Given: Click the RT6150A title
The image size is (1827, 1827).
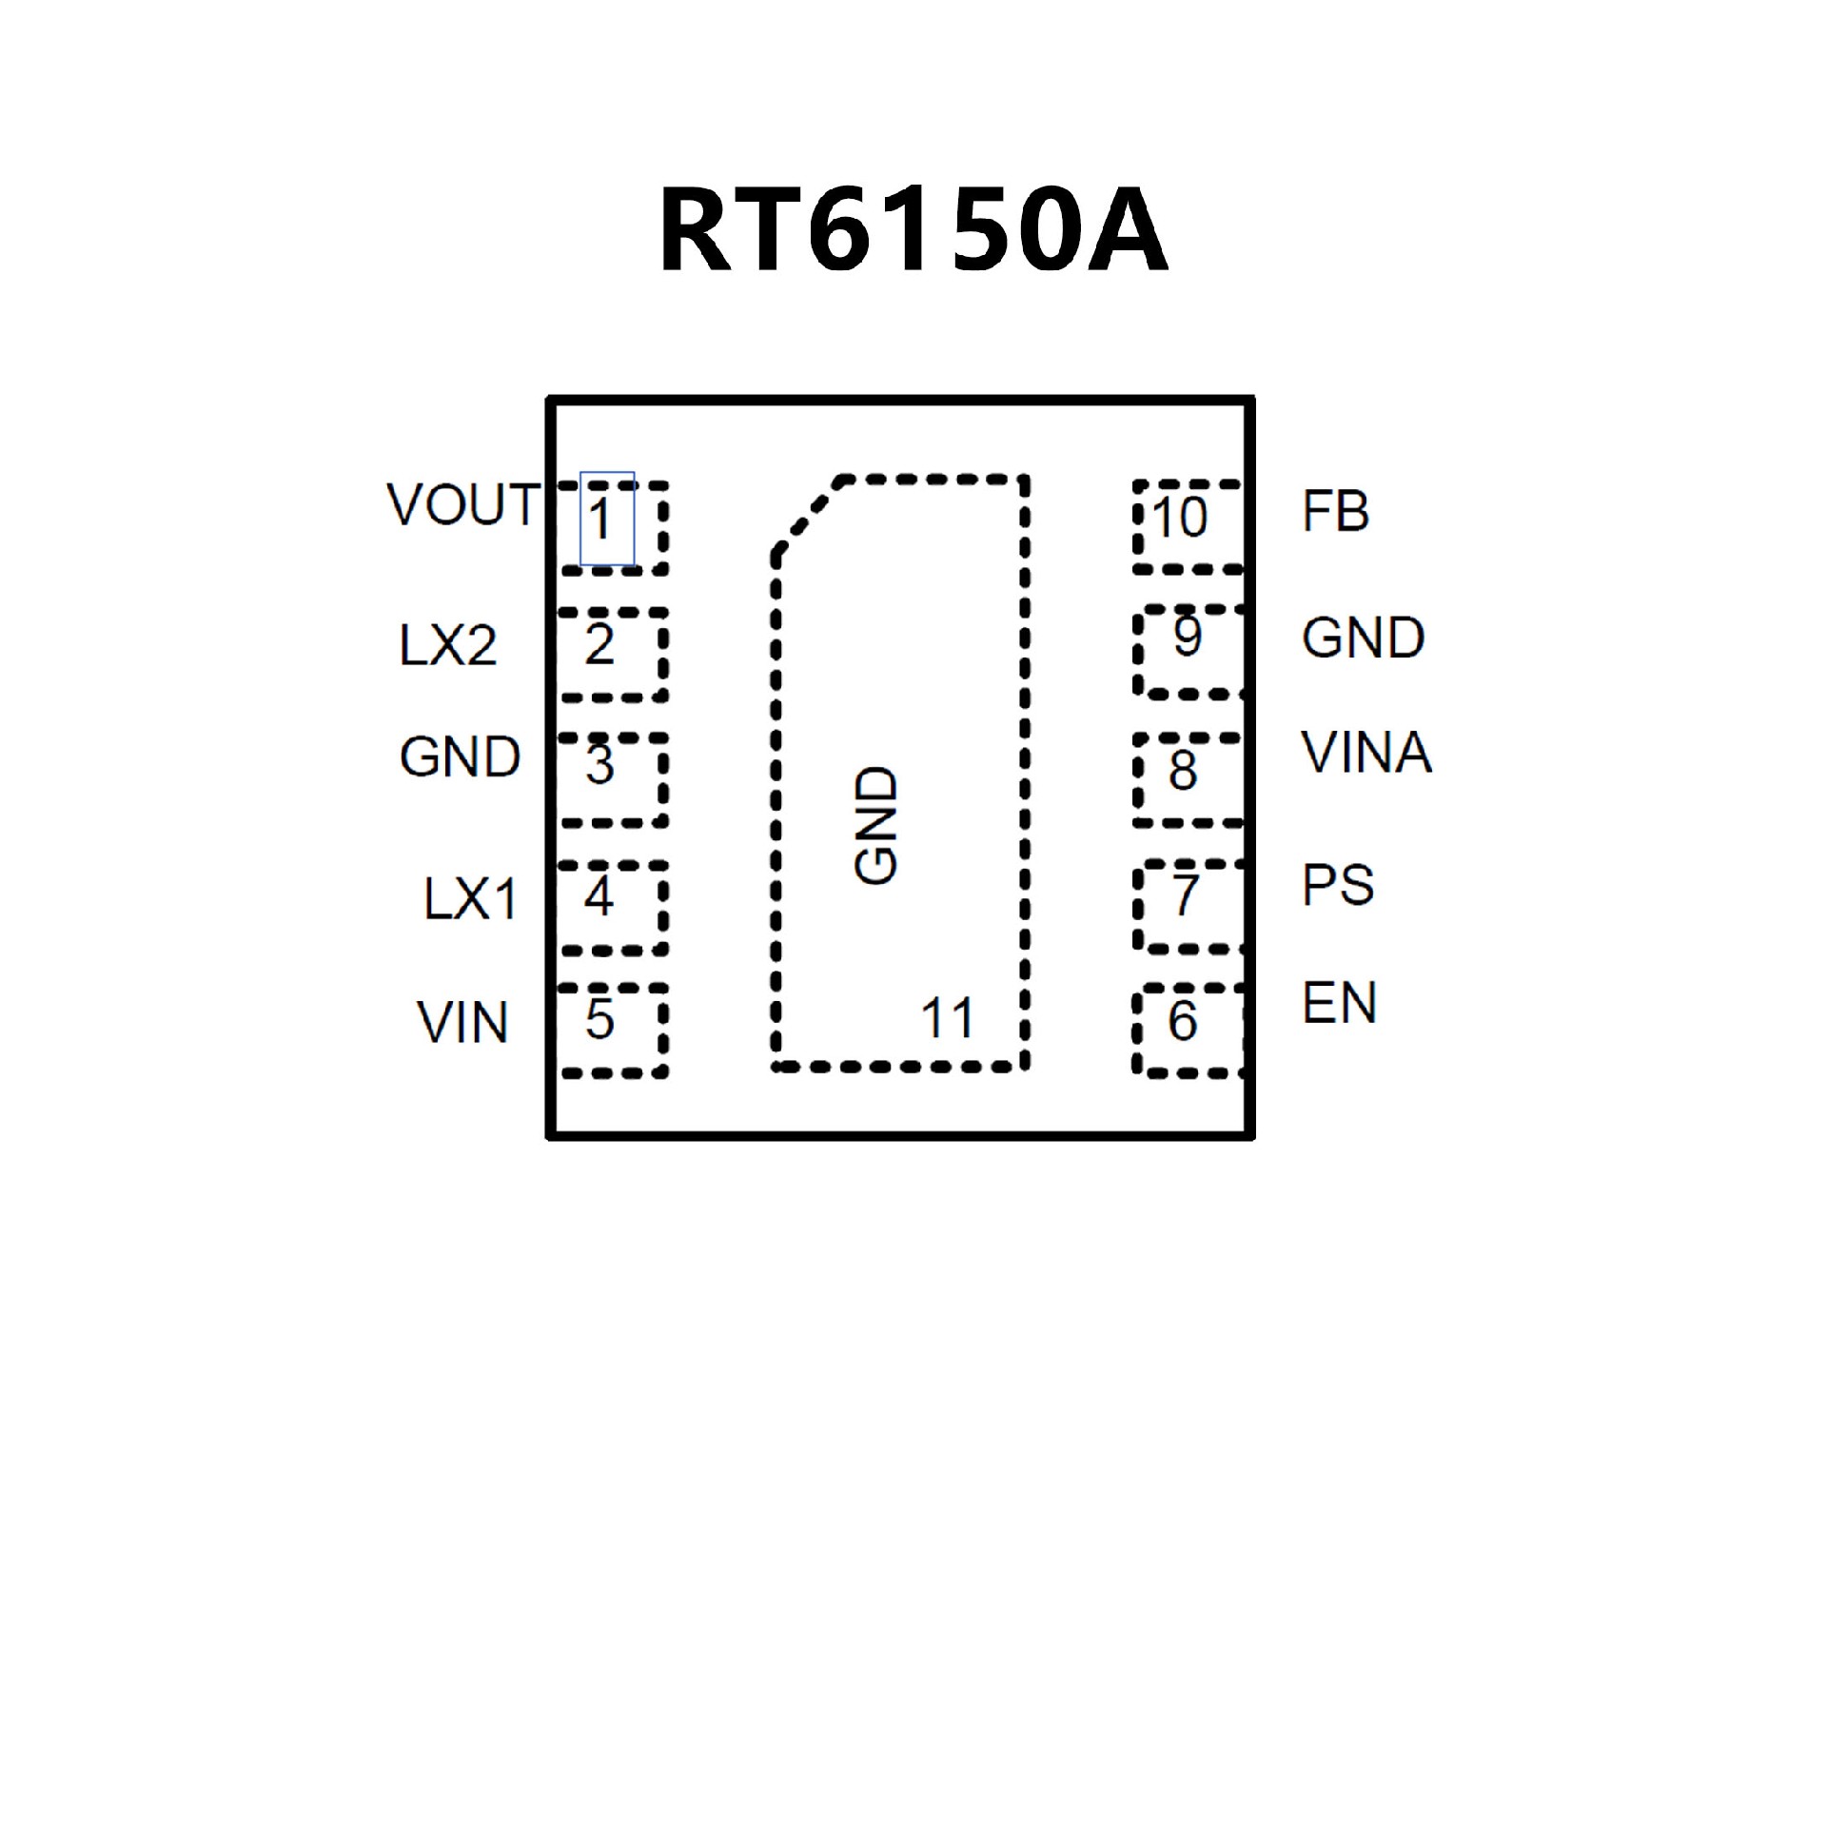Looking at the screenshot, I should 913,231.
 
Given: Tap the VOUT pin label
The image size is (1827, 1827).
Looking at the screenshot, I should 463,504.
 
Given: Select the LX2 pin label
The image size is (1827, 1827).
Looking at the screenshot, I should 447,646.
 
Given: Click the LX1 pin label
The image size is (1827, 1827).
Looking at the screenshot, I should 470,898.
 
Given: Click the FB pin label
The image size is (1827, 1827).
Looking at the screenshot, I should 1335,512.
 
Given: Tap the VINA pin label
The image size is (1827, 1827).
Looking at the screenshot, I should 1365,754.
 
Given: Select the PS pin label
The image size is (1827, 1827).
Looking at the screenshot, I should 1337,886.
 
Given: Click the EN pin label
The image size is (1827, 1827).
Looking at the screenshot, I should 1339,1004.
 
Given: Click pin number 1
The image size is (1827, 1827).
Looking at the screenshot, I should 599,520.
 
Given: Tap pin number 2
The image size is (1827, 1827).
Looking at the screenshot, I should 599,644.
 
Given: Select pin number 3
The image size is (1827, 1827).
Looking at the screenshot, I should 599,764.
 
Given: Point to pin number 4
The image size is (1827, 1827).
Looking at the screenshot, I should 599,895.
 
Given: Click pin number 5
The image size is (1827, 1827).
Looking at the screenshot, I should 599,1018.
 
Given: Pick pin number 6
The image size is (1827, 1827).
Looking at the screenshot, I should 1182,1021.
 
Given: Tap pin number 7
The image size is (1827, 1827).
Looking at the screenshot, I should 1185,894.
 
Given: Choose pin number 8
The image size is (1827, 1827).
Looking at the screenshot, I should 1183,770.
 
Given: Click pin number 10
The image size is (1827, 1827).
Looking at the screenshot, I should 1180,517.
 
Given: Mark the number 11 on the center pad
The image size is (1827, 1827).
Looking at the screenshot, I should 948,1018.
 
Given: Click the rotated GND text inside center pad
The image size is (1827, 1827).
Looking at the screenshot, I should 876,826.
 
